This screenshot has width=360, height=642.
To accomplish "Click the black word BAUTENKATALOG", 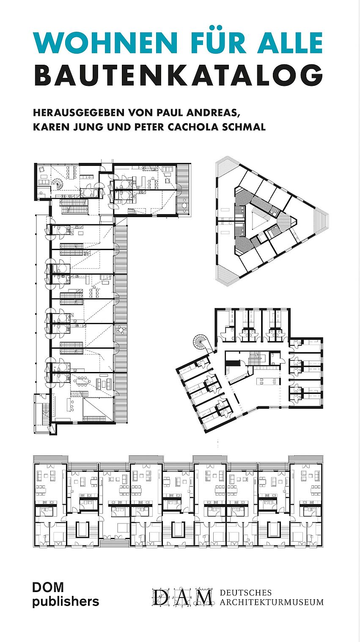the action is (179, 76).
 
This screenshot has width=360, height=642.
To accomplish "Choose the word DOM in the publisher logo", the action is (48, 587).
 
